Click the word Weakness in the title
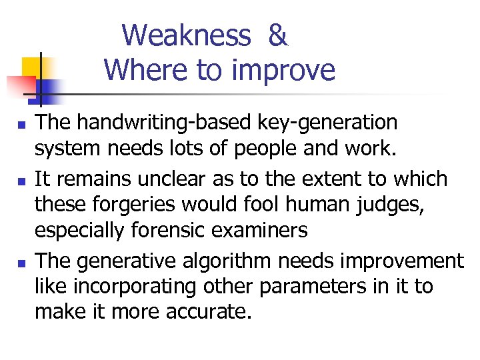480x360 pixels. [x=187, y=35]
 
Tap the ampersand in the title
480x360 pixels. [x=277, y=35]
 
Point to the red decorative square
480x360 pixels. [x=21, y=85]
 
